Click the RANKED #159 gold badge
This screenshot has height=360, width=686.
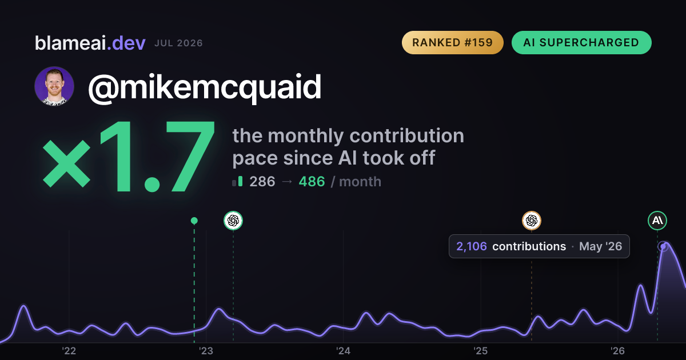click(452, 42)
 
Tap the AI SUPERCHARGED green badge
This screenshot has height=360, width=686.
click(581, 42)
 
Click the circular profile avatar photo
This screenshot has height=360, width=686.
click(54, 86)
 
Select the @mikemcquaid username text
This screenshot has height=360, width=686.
click(205, 87)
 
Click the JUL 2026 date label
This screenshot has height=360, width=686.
click(178, 43)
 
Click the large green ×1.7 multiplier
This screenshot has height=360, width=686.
click(129, 156)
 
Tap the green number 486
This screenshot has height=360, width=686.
click(312, 182)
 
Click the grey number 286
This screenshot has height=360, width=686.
click(262, 182)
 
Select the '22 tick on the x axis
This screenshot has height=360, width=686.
click(69, 351)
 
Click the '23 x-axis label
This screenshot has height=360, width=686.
click(206, 351)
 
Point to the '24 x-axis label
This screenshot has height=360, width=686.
click(344, 351)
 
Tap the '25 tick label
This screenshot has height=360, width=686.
click(481, 351)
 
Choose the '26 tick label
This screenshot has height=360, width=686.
click(618, 351)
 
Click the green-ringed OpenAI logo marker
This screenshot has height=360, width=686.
click(233, 221)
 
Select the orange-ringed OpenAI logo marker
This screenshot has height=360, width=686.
click(532, 221)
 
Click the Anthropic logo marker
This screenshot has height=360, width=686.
click(657, 221)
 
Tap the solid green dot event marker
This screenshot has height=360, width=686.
click(194, 221)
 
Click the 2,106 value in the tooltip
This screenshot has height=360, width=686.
click(471, 246)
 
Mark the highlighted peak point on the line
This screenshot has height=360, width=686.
click(663, 246)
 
